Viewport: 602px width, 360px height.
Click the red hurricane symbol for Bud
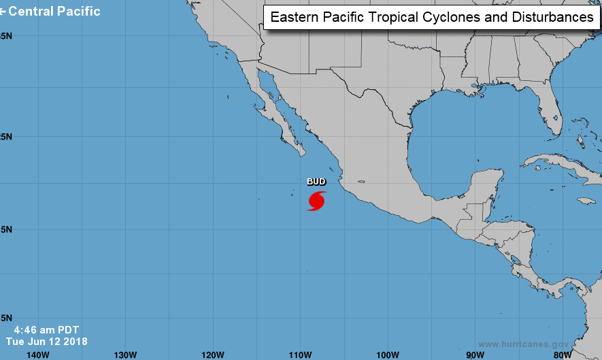pyautogui.click(x=316, y=201)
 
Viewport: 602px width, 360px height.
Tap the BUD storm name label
pyautogui.click(x=316, y=182)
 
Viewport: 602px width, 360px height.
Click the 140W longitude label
pyautogui.click(x=37, y=354)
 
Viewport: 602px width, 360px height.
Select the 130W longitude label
pyautogui.click(x=125, y=354)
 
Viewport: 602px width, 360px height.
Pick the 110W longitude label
pyautogui.click(x=300, y=354)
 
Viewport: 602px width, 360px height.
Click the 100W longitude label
pyautogui.click(x=387, y=354)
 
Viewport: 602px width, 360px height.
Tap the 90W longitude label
pyautogui.click(x=474, y=354)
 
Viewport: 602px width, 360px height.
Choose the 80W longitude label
pyautogui.click(x=561, y=354)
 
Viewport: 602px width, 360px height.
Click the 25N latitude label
pyautogui.click(x=5, y=137)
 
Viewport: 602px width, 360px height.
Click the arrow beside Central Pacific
pyautogui.click(x=3, y=12)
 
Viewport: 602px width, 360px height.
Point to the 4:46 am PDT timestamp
pyautogui.click(x=46, y=329)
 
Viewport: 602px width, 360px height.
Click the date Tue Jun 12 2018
pyautogui.click(x=46, y=341)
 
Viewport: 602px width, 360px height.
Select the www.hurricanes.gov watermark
pyautogui.click(x=524, y=344)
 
